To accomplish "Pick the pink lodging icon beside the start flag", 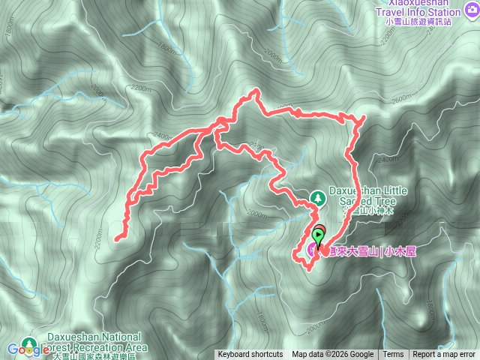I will pos(312,251).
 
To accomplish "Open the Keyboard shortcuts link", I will pos(250,355).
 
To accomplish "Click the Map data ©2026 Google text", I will pos(332,355).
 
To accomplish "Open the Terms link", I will pos(393,355).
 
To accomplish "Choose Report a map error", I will pos(445,355).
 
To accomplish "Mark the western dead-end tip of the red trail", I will pos(118,239).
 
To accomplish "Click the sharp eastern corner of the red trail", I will pos(363,118).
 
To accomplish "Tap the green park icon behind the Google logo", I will pos(30,343).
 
